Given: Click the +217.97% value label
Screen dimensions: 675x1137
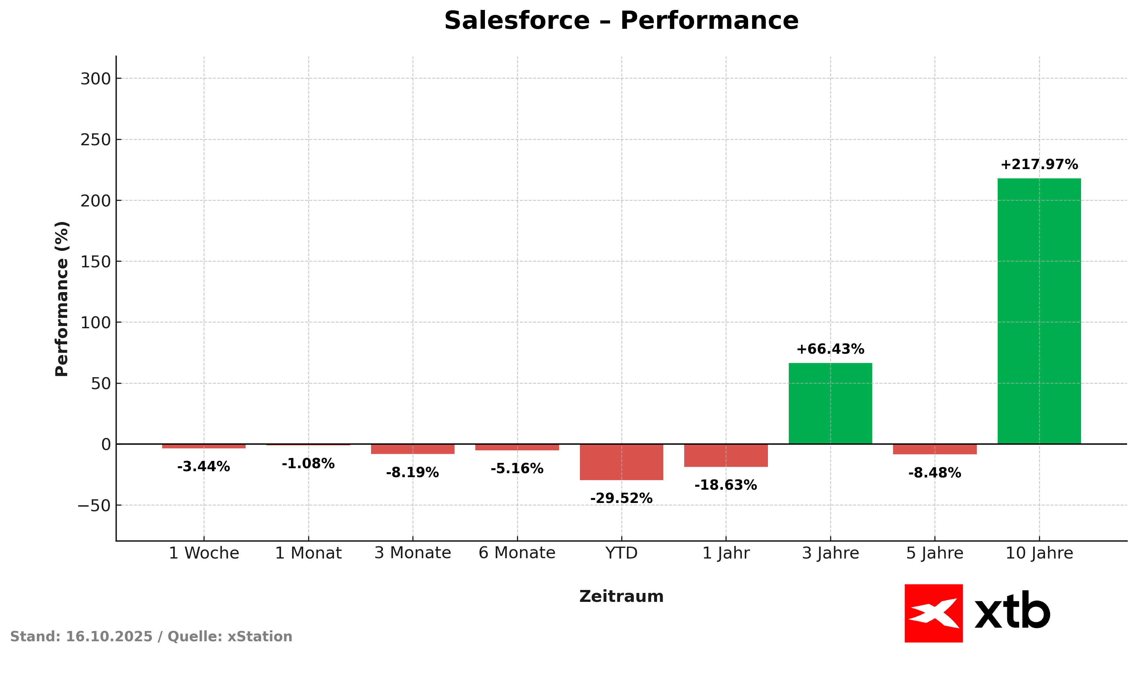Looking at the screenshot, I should point(1039,165).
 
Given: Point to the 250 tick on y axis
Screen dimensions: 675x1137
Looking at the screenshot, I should point(96,140).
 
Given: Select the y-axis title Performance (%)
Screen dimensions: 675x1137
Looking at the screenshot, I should point(62,299).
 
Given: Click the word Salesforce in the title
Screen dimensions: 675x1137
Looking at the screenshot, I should point(516,21).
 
